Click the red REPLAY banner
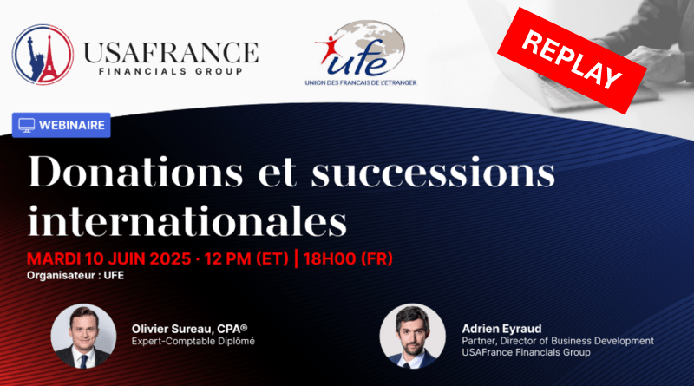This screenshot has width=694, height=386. tap(572, 60)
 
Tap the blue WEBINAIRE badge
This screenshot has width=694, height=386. tap(61, 125)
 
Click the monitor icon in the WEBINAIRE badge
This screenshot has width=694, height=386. tap(27, 125)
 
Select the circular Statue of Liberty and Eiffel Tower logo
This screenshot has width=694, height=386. tap(43, 55)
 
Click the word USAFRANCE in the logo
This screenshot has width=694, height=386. tap(171, 53)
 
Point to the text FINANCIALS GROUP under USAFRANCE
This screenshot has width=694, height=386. tap(171, 72)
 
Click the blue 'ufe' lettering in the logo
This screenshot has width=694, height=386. tap(358, 62)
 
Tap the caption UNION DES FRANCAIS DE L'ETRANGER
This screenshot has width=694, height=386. tap(361, 82)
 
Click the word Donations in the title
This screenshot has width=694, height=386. tap(135, 171)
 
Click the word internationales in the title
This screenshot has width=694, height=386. tap(187, 220)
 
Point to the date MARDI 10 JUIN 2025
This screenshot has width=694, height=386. tap(109, 258)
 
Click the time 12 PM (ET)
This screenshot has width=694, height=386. tap(246, 258)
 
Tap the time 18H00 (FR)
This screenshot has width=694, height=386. tap(348, 258)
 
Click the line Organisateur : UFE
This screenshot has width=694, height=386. tap(75, 275)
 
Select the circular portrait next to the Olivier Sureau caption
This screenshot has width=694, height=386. tap(83, 336)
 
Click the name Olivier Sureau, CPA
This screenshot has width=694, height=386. tap(189, 329)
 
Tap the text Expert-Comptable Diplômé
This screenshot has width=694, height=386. tap(193, 341)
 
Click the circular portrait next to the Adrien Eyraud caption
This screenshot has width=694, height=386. tap(413, 336)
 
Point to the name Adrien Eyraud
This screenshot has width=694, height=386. tap(501, 329)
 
